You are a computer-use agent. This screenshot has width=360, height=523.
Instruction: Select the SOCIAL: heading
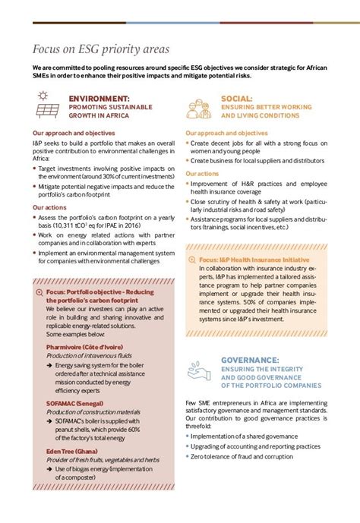tap(237, 99)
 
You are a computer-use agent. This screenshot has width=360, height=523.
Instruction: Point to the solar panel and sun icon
tap(46, 107)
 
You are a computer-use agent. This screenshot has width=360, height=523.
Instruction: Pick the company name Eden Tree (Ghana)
tap(74, 450)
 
